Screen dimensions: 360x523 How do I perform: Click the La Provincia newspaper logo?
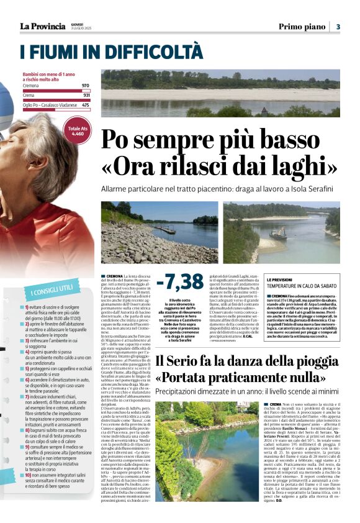coord(42,26)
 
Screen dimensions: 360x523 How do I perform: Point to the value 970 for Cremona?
coord(85,85)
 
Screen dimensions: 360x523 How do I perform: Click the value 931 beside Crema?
coord(85,95)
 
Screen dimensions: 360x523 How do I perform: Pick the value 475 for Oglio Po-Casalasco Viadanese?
coord(85,105)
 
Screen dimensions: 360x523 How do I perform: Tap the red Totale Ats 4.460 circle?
coord(78,131)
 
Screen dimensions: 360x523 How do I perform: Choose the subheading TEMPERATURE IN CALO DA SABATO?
coord(302,287)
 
